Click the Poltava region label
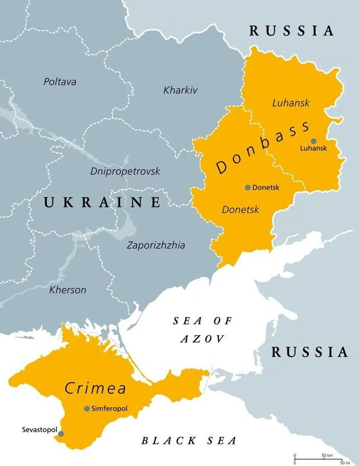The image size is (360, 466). pos(60,82)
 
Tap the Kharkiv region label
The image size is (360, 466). pos(180,90)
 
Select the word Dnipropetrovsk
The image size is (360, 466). pos(125,171)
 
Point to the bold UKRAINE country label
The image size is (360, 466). pos(103,202)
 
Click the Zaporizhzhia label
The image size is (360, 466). pos(156,245)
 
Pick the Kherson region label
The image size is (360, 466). pos(68,290)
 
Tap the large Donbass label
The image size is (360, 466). pos(262,148)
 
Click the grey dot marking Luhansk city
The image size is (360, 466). pos(314,141)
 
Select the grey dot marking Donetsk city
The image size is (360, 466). pos(248,188)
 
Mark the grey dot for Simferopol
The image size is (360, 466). pos(87,409)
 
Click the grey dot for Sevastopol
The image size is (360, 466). pos(61,434)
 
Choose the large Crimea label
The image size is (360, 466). pos(95,388)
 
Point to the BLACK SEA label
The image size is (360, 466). pos(189,441)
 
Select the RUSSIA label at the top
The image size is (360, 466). pos(291,31)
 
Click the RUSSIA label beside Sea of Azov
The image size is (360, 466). pos(309,352)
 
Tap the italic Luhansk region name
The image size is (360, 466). pos(290,103)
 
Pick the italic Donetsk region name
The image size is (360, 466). pos(241,210)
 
